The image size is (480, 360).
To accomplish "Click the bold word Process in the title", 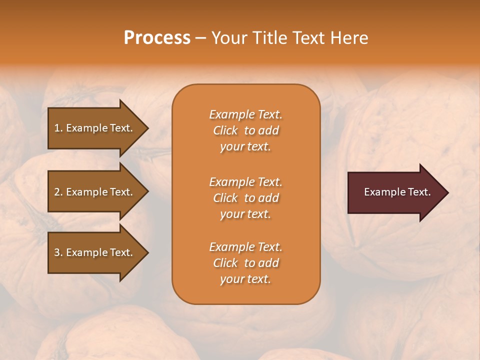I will [157, 38].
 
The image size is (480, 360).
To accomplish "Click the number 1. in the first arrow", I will [58, 128].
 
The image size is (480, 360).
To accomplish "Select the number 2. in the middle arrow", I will [58, 192].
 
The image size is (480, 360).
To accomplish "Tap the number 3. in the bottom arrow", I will [58, 252].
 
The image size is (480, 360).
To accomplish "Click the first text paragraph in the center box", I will [245, 130].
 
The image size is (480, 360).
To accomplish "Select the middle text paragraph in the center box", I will [245, 198].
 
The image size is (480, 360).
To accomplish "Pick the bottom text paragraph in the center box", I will [245, 263].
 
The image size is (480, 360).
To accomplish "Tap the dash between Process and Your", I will [200, 38].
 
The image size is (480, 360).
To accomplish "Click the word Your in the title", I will [229, 38].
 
